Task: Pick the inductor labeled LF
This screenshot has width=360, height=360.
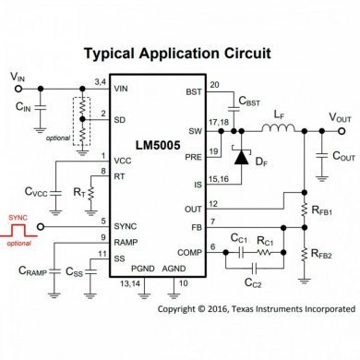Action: (x=278, y=119)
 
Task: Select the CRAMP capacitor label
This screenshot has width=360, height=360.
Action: (x=33, y=271)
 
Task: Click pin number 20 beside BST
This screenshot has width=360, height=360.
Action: (x=215, y=84)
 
